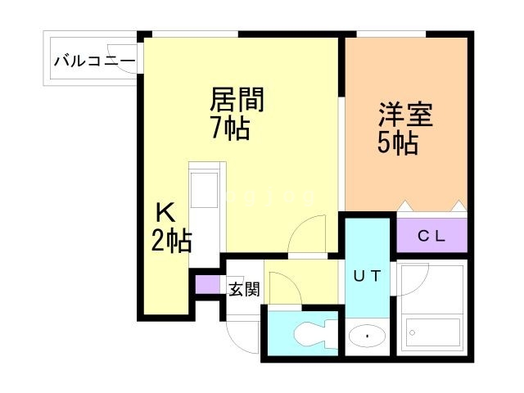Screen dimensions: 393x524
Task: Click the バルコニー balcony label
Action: click(93, 61)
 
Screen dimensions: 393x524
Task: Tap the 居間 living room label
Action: click(237, 101)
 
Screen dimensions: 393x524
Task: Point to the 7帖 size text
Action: click(229, 129)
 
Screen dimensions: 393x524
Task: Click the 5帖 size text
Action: click(398, 143)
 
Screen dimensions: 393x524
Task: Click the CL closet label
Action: click(431, 237)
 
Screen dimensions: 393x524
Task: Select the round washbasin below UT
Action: click(367, 336)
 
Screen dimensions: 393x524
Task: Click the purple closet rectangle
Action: click(431, 237)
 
